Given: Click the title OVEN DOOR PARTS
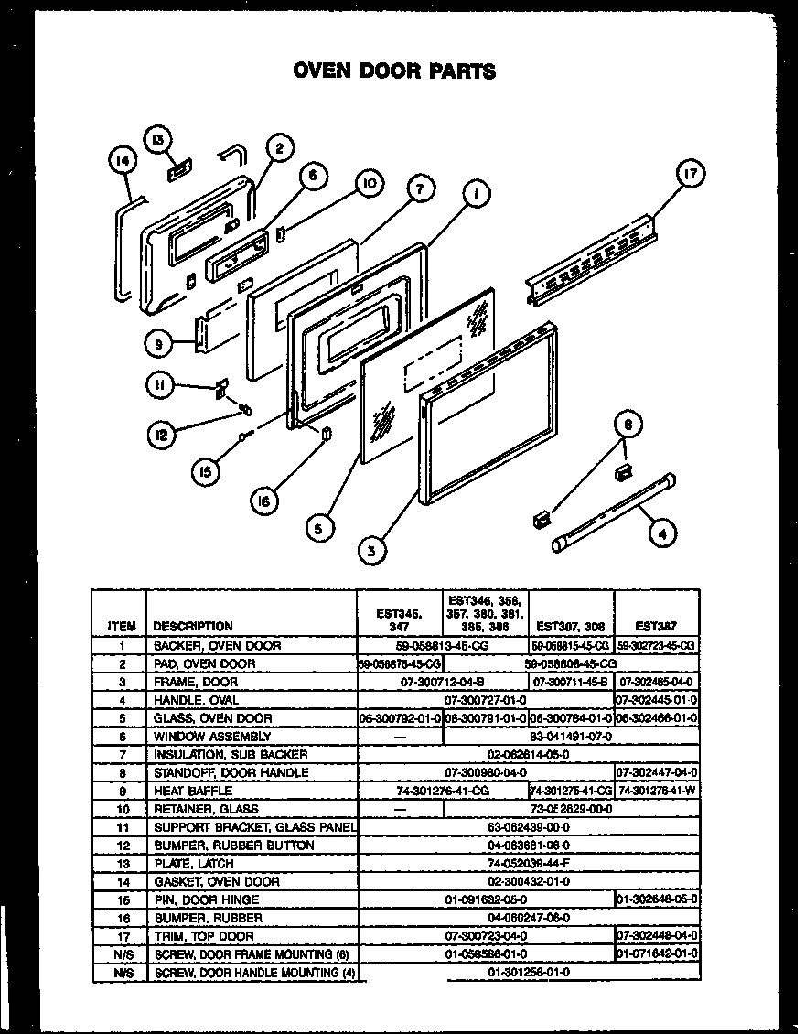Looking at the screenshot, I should [x=393, y=70].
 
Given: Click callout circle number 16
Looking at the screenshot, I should [x=264, y=501].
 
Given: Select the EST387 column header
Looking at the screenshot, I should [x=656, y=627].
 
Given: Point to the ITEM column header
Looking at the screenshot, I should [x=122, y=627].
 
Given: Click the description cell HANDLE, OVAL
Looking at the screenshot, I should [x=193, y=700].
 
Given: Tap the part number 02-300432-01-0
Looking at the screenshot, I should [x=529, y=881].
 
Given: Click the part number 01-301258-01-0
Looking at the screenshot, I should [x=529, y=972].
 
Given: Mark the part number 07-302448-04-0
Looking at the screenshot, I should [x=657, y=935].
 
